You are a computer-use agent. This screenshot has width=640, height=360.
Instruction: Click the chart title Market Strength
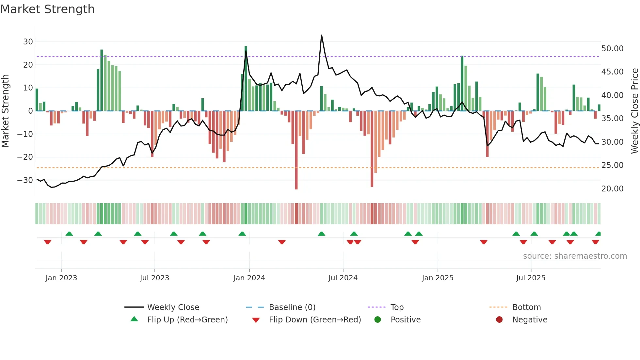pyautogui.click(x=47, y=9)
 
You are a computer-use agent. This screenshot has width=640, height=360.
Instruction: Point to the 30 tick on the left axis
pyautogui.click(x=28, y=42)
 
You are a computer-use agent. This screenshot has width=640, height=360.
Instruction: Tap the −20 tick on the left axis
pyautogui.click(x=25, y=157)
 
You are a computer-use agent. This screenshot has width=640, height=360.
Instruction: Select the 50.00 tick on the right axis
pyautogui.click(x=612, y=49)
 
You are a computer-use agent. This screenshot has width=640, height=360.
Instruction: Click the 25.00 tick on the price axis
pyautogui.click(x=612, y=165)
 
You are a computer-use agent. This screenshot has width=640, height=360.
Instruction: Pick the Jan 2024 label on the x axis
pyautogui.click(x=249, y=278)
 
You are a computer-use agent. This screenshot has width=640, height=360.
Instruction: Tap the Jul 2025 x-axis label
pyautogui.click(x=531, y=278)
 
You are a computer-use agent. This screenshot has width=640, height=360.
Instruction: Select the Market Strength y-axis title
pyautogui.click(x=5, y=111)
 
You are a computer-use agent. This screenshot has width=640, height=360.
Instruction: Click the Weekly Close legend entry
pyautogui.click(x=173, y=307)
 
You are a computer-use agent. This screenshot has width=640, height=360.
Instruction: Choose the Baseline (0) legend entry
pyautogui.click(x=292, y=307)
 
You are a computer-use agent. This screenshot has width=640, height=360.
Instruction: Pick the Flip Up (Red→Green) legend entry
pyautogui.click(x=187, y=320)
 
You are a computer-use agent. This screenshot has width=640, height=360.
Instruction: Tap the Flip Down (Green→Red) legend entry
pyautogui.click(x=315, y=320)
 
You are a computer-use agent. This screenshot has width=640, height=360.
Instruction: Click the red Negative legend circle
pyautogui.click(x=499, y=320)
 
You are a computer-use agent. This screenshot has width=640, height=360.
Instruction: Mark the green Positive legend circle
pyautogui.click(x=377, y=320)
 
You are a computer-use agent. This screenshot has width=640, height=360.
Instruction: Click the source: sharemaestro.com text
pyautogui.click(x=575, y=256)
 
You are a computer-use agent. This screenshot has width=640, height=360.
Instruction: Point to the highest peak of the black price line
pyautogui.click(x=321, y=35)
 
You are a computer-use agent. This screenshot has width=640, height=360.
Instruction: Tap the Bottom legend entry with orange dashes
pyautogui.click(x=526, y=307)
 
